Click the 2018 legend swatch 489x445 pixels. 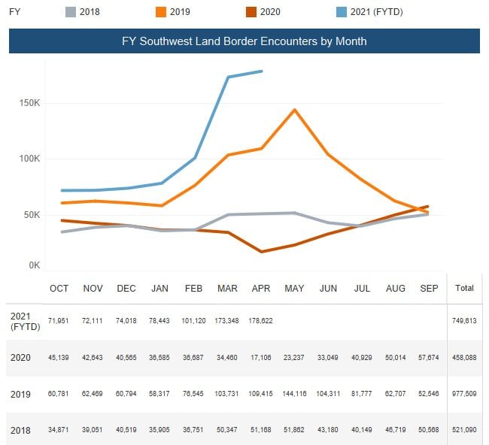click(71, 12)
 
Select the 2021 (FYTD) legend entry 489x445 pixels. click(369, 12)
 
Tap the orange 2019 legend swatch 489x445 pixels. click(161, 12)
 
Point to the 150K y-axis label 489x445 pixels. click(29, 103)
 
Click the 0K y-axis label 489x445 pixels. click(35, 265)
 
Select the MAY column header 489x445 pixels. click(294, 288)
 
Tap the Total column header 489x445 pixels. click(464, 288)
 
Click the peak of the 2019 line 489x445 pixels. click(294, 110)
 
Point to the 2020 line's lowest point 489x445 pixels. click(261, 252)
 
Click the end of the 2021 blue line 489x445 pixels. click(261, 71)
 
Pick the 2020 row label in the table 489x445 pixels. click(20, 358)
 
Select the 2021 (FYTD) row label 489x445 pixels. click(26, 321)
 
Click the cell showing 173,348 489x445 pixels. click(226, 321)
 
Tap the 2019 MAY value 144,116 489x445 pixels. click(294, 394)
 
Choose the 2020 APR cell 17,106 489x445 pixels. click(261, 358)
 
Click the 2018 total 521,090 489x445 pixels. click(464, 430)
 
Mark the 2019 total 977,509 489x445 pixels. click(464, 394)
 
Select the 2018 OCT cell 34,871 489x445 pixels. click(59, 430)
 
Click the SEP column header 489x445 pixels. click(429, 288)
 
